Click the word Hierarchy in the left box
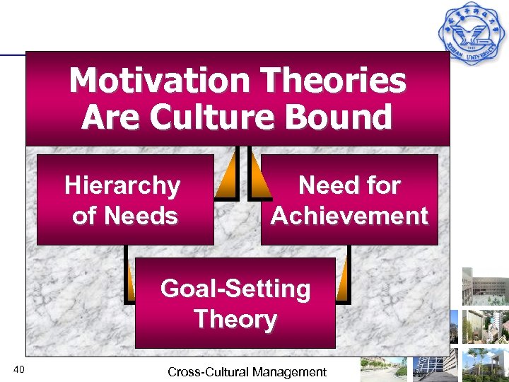click(122, 186)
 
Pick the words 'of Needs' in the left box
click(124, 216)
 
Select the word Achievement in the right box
click(349, 216)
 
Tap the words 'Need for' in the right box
click(349, 185)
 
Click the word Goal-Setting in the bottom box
click(235, 289)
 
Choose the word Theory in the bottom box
click(235, 319)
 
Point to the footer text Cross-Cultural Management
click(247, 371)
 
